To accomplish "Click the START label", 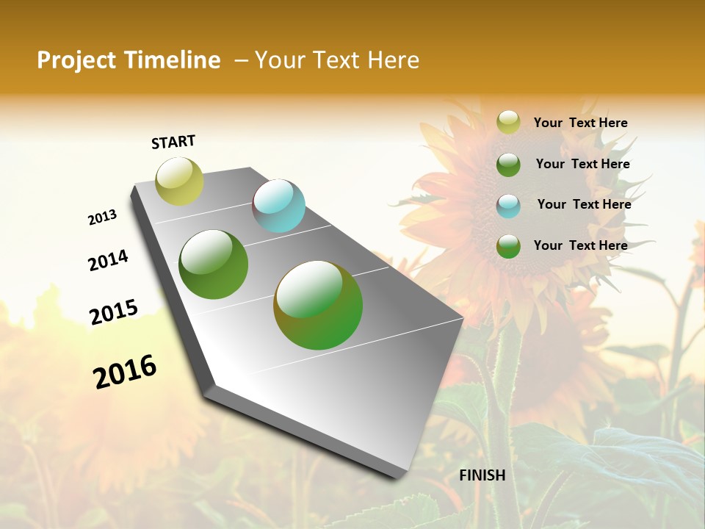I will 173,142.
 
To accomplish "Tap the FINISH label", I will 482,475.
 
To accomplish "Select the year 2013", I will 102,217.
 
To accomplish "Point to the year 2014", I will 108,260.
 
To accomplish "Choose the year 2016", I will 125,371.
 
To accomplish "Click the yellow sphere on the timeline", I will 179,181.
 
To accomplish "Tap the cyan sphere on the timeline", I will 278,206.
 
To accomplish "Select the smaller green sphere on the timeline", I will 214,264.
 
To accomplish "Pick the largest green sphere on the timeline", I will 318,305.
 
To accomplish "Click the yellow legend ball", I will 508,123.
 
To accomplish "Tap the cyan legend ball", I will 508,205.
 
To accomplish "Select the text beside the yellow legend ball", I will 580,123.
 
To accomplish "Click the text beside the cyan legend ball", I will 584,204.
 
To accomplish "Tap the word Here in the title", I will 393,60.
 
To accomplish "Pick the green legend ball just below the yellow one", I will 508,164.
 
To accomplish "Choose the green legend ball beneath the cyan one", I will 508,245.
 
